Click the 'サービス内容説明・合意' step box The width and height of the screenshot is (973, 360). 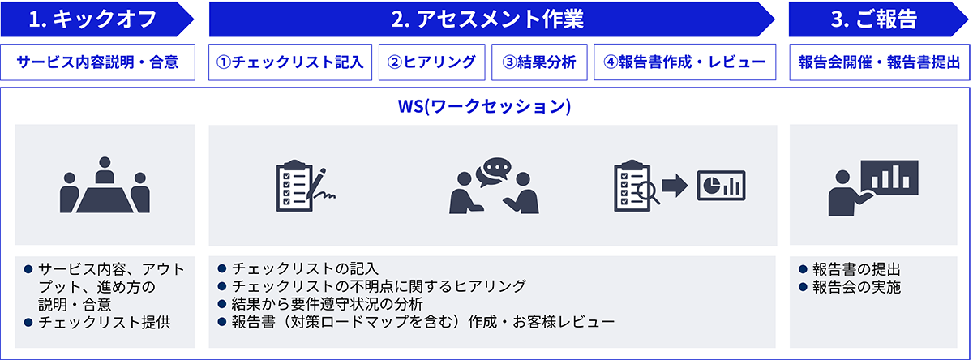pyautogui.click(x=98, y=62)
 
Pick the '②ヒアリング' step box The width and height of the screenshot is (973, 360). pyautogui.click(x=432, y=62)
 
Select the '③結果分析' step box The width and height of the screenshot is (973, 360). pyautogui.click(x=539, y=62)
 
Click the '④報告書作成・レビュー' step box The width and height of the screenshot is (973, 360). pyautogui.click(x=684, y=62)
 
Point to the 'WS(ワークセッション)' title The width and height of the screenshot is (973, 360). pyautogui.click(x=486, y=107)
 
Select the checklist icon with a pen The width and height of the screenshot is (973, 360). pyautogui.click(x=305, y=186)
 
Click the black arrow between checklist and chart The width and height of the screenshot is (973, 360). pyautogui.click(x=674, y=186)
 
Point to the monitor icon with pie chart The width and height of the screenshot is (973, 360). pyautogui.click(x=720, y=186)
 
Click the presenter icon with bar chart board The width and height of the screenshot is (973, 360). pyautogui.click(x=872, y=185)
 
